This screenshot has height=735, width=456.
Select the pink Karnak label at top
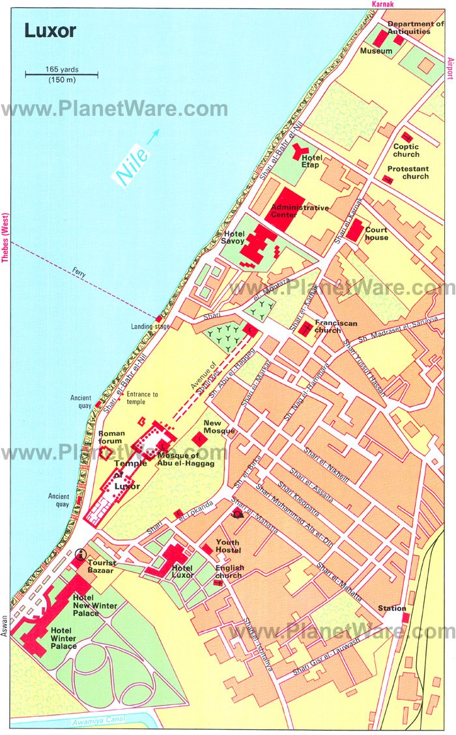(x=384, y=5)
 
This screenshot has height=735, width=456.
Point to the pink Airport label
(x=449, y=68)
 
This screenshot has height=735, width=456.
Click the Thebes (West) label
(x=5, y=238)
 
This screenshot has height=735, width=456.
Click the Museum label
(x=377, y=51)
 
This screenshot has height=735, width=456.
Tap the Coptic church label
(x=406, y=151)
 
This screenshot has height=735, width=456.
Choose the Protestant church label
(x=407, y=172)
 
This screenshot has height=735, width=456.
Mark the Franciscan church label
(x=329, y=326)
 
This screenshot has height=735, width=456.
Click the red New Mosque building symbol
(x=202, y=439)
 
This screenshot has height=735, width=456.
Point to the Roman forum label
(x=110, y=437)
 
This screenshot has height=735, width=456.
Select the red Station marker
(x=405, y=616)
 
